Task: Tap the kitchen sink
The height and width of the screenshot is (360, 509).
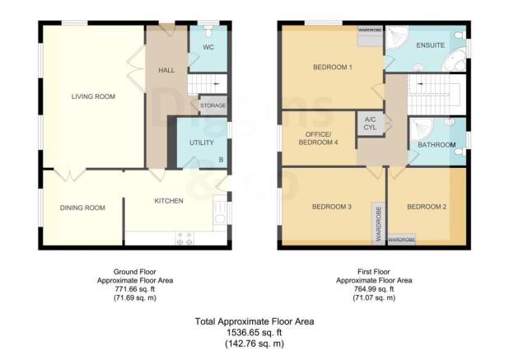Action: point(219,213)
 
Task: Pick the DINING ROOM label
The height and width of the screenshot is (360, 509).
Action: point(82,208)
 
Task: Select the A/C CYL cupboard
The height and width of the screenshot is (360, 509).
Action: point(368,124)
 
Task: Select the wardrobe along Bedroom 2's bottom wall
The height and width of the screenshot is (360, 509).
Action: point(401,240)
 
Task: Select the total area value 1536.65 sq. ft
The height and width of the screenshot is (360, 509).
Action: point(254,332)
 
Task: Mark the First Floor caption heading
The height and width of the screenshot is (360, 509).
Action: point(374,271)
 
